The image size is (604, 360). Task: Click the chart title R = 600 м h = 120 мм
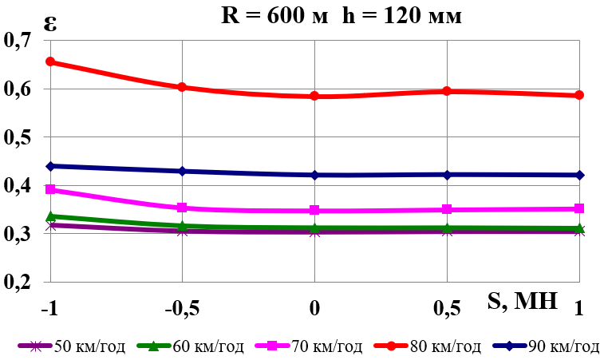pyautogui.click(x=341, y=15)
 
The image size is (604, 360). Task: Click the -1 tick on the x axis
pyautogui.click(x=49, y=308)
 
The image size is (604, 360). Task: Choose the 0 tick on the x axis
pyautogui.click(x=315, y=308)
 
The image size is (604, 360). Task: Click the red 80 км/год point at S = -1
pyautogui.click(x=50, y=61)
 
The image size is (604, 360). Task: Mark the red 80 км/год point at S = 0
pyautogui.click(x=315, y=96)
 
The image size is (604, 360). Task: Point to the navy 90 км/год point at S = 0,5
pyautogui.click(x=448, y=175)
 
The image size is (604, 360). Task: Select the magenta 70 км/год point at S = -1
pyautogui.click(x=50, y=189)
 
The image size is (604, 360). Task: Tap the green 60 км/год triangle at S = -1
pyautogui.click(x=50, y=216)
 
